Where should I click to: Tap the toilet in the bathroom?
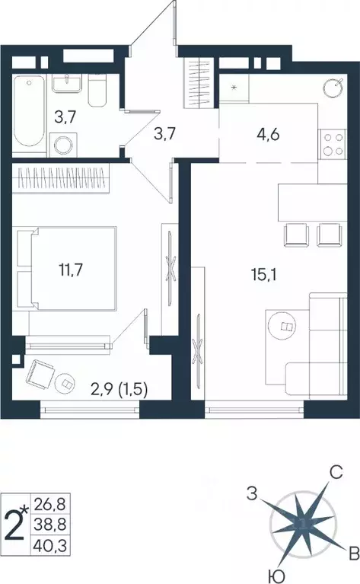coord(97,91)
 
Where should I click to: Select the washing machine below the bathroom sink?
coord(63,143)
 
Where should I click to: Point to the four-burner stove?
coord(333,144)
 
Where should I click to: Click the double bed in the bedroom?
coord(72,269)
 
